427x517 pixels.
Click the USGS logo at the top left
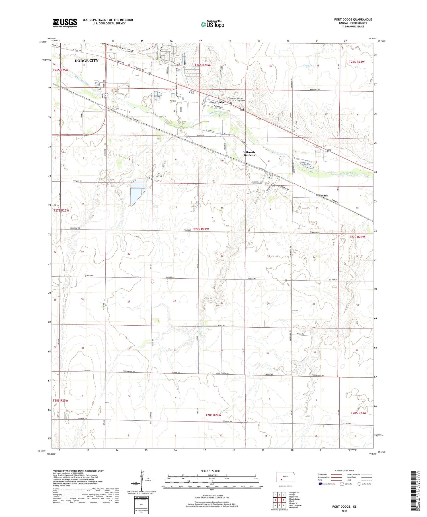click(x=65, y=23)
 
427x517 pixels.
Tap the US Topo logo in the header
click(x=212, y=24)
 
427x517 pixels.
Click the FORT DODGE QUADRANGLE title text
click(x=353, y=19)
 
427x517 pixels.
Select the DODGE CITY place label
click(x=86, y=61)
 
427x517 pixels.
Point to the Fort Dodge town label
click(x=217, y=102)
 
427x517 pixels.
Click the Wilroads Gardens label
click(x=249, y=154)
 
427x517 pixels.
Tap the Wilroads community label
click(x=322, y=195)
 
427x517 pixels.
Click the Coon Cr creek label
click(x=308, y=66)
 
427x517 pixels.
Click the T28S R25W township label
click(x=60, y=400)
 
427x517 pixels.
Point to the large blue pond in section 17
click(x=137, y=190)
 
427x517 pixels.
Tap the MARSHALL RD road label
click(x=315, y=89)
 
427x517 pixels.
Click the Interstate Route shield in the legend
click(x=320, y=484)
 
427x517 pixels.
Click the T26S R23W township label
click(x=356, y=62)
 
